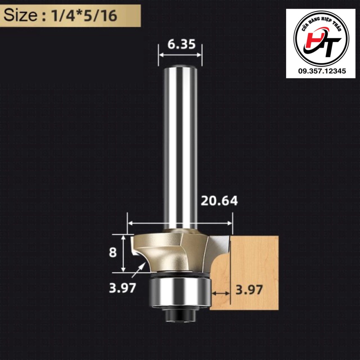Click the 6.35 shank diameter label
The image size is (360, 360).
tap(181, 44)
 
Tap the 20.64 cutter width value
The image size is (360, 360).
tap(219, 201)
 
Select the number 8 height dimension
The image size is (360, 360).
tap(113, 252)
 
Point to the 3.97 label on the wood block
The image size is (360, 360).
tap(249, 290)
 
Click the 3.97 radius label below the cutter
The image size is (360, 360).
tap(123, 288)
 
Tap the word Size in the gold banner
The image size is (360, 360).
tap(20, 15)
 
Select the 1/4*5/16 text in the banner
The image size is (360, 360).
tap(84, 16)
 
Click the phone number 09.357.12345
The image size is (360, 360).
tap(322, 71)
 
